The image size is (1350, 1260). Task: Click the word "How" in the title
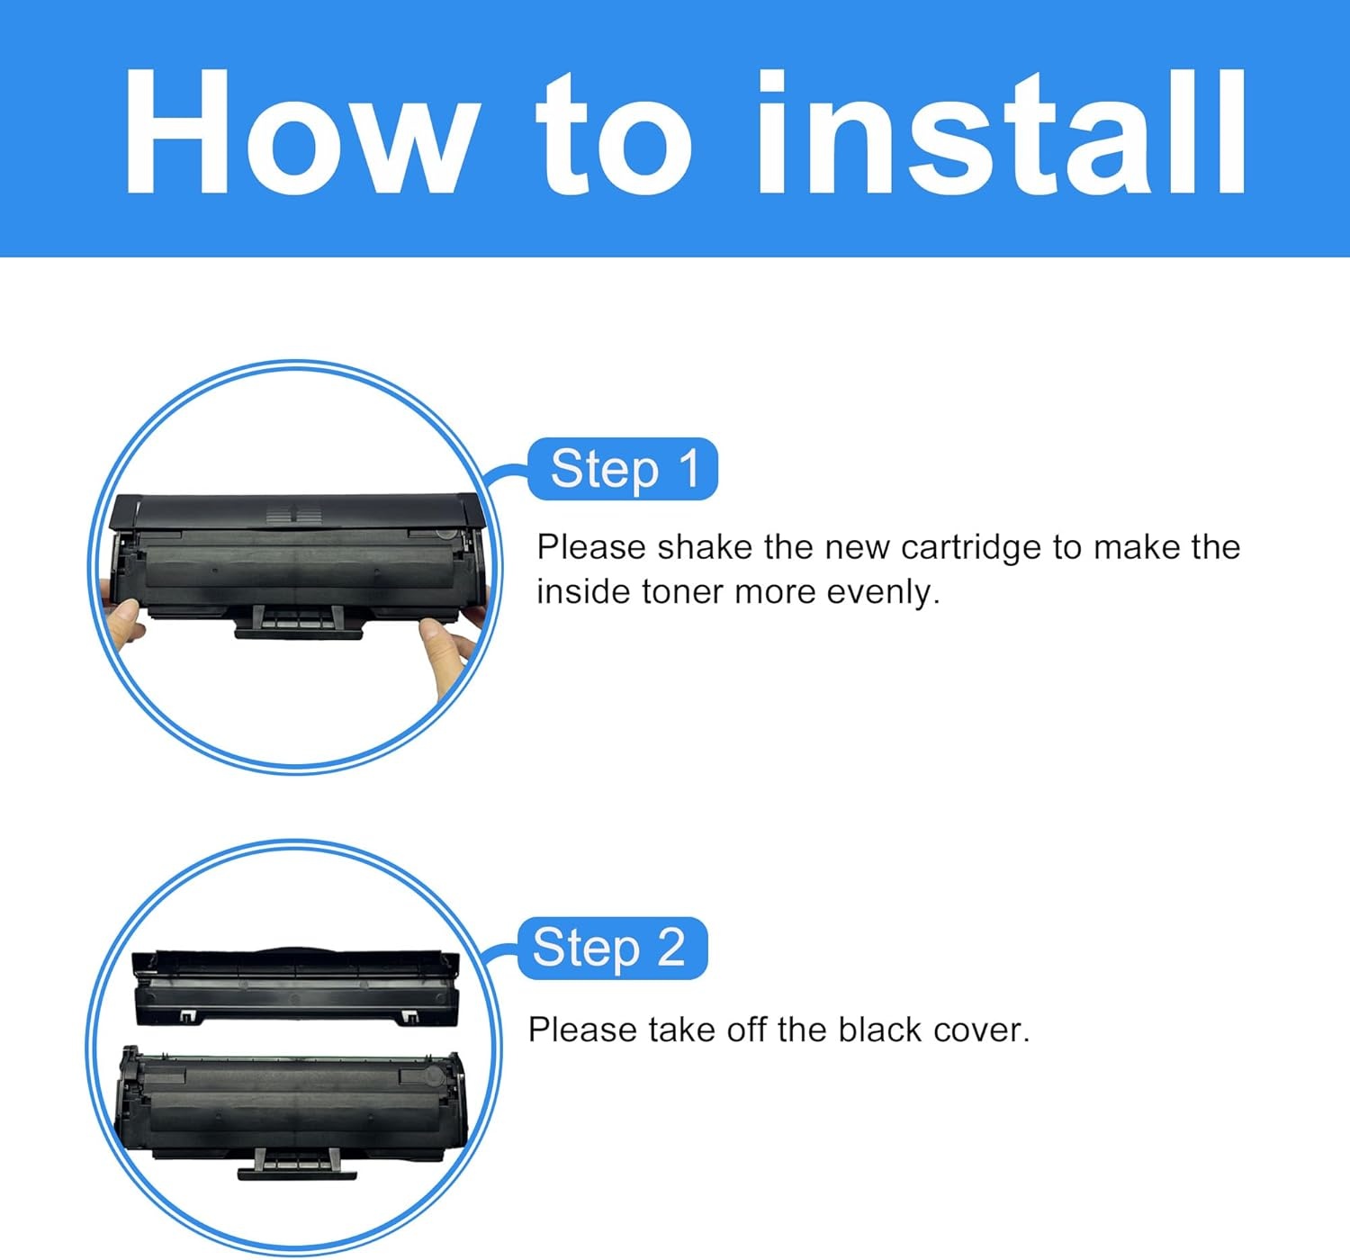297,132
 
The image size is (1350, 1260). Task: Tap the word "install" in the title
1001,132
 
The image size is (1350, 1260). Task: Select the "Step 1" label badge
623,469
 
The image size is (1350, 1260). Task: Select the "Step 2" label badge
612,948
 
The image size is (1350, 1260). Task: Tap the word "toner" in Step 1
682,592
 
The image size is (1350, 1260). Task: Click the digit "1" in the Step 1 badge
688,469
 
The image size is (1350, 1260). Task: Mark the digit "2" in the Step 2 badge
670,948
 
